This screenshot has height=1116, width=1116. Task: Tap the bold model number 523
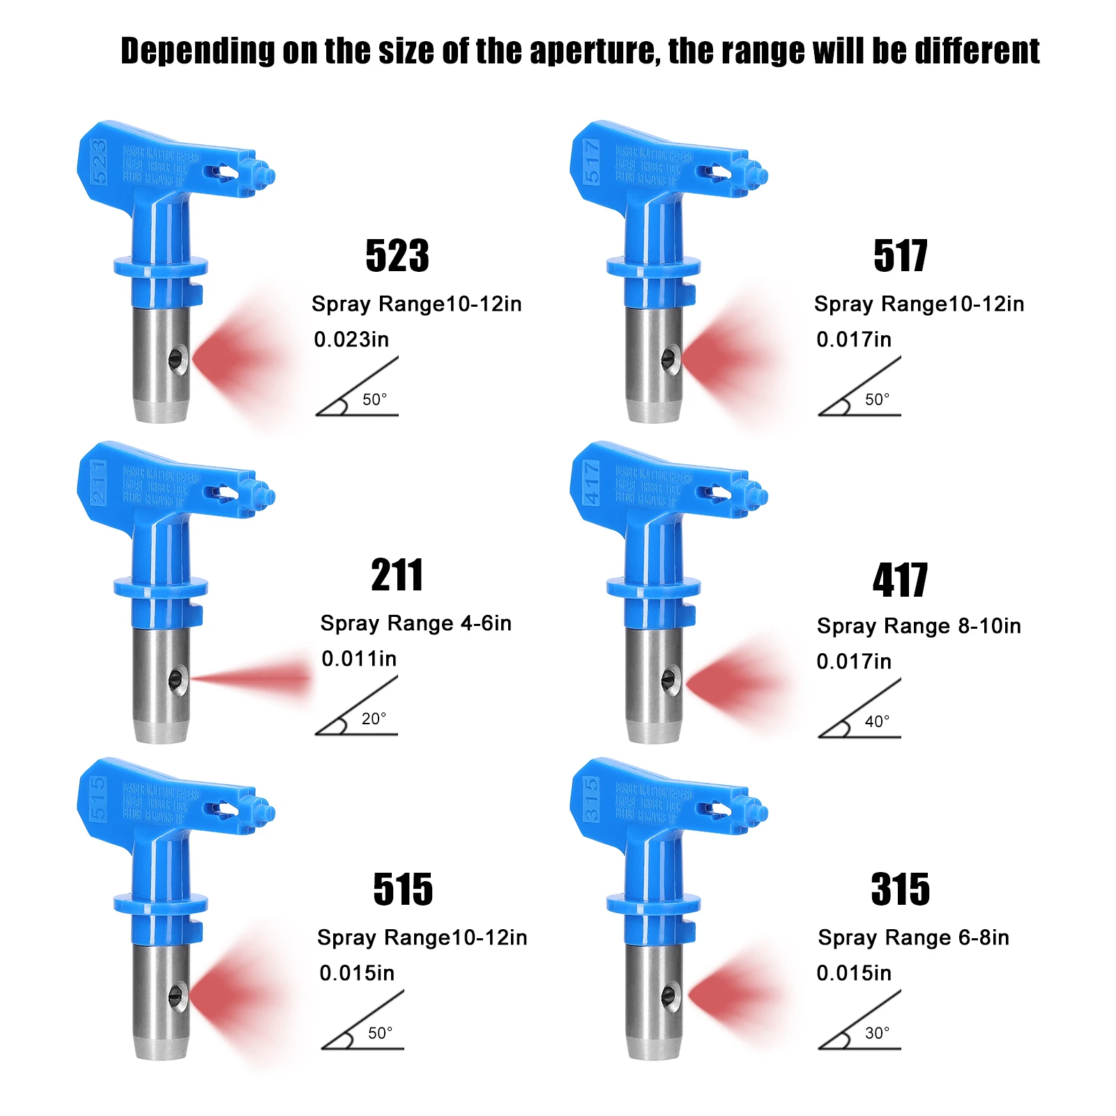[x=397, y=256]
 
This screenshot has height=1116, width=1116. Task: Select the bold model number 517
[x=900, y=256]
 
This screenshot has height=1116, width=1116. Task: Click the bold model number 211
[x=397, y=575]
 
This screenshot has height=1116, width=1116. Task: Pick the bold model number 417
[x=900, y=580]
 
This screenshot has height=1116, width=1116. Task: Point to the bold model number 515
[x=403, y=889]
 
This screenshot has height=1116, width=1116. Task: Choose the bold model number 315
[x=900, y=889]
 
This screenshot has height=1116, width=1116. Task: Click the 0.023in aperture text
[x=351, y=339]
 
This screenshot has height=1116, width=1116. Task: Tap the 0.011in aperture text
[x=359, y=659]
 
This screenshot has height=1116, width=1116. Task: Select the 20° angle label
[x=374, y=719]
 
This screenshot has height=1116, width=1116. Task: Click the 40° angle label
[x=877, y=721]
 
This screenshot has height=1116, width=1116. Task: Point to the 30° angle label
[x=877, y=1033]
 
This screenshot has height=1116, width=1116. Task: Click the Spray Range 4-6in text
[x=416, y=623]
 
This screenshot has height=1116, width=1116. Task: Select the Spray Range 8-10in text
[x=919, y=626]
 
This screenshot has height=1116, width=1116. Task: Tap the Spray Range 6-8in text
[x=913, y=938]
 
